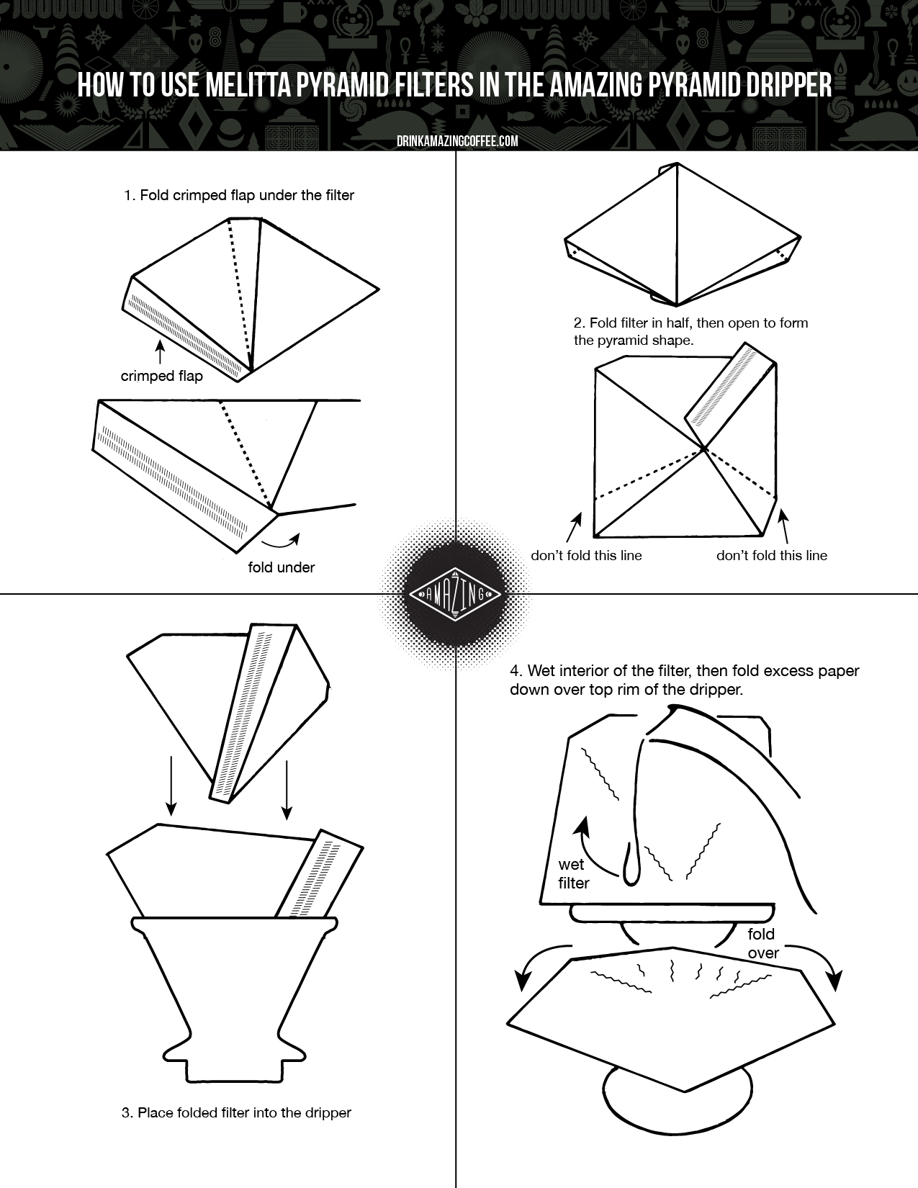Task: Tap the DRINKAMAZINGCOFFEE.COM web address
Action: tap(458, 142)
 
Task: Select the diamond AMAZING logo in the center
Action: tap(456, 594)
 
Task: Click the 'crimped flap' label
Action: tap(162, 376)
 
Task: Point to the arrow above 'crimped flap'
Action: tap(160, 351)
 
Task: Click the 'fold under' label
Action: tap(281, 567)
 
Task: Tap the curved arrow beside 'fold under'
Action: tap(281, 541)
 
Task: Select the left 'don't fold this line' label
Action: tap(586, 555)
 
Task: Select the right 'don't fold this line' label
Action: tap(771, 555)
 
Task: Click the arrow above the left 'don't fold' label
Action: tap(574, 526)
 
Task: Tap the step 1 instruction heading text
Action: tap(239, 195)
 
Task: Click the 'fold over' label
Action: tap(762, 943)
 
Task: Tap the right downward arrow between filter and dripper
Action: tap(286, 789)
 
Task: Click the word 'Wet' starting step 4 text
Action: tap(541, 671)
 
